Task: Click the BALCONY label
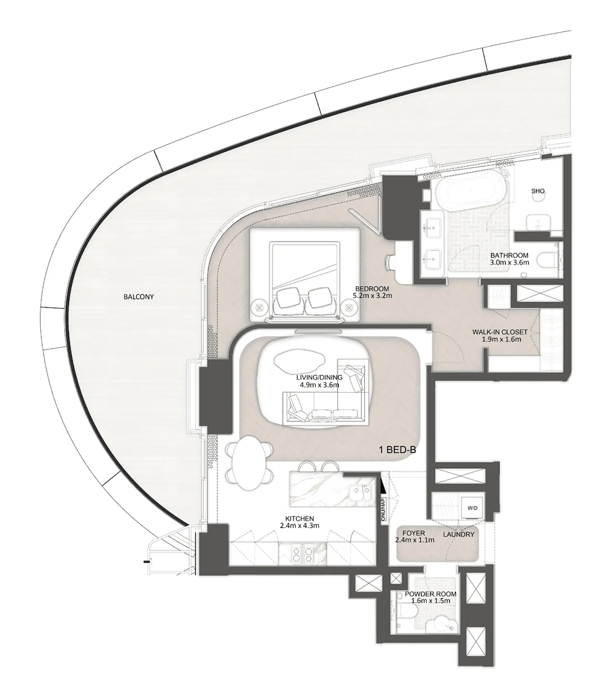pos(139,297)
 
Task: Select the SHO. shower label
pos(538,191)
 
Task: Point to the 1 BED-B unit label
pos(397,450)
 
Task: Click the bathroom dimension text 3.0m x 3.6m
pos(509,263)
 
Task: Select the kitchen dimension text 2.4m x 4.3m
pos(299,526)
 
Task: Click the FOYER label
pos(413,533)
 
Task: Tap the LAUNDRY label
pos(458,534)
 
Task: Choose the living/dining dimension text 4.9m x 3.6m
pos(318,385)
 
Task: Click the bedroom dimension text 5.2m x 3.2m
pos(372,295)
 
